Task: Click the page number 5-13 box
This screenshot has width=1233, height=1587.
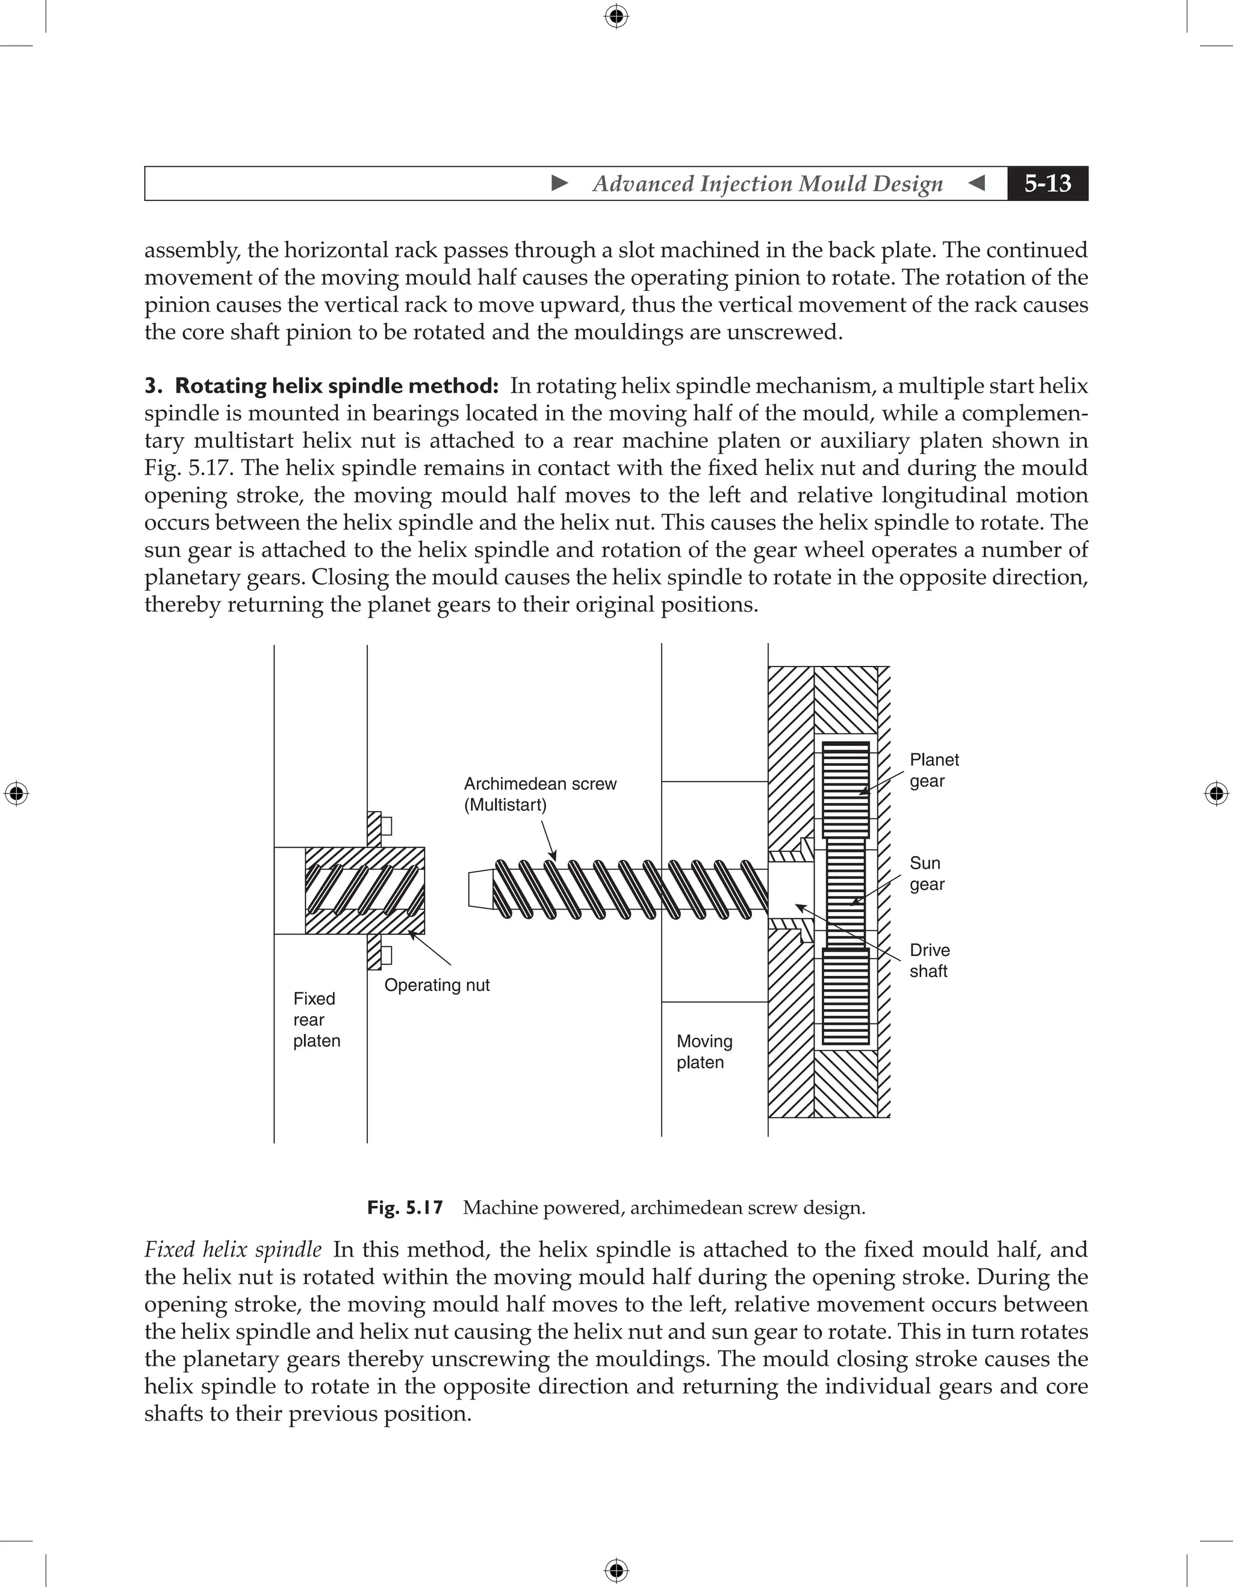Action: click(1047, 183)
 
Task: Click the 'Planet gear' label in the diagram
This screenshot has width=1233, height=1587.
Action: click(934, 770)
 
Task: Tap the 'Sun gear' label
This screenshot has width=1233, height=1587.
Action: click(927, 874)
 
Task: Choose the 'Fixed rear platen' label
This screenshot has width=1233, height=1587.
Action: click(316, 1019)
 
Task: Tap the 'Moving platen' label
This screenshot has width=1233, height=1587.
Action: click(703, 1051)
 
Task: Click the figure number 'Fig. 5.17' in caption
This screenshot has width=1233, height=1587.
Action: click(405, 1208)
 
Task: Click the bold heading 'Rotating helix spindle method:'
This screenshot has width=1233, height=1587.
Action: click(336, 386)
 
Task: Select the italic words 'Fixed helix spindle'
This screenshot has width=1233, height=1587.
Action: click(232, 1250)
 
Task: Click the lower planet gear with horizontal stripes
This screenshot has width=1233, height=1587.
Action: click(846, 996)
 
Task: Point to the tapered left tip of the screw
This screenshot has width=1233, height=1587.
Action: click(480, 889)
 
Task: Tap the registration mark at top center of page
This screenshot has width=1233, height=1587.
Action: click(616, 16)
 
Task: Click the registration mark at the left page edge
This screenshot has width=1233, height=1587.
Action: click(16, 794)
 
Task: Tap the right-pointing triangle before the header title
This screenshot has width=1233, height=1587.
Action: click(559, 183)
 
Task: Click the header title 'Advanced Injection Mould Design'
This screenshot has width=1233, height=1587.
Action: click(767, 184)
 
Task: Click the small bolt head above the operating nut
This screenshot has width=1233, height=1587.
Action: click(387, 826)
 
